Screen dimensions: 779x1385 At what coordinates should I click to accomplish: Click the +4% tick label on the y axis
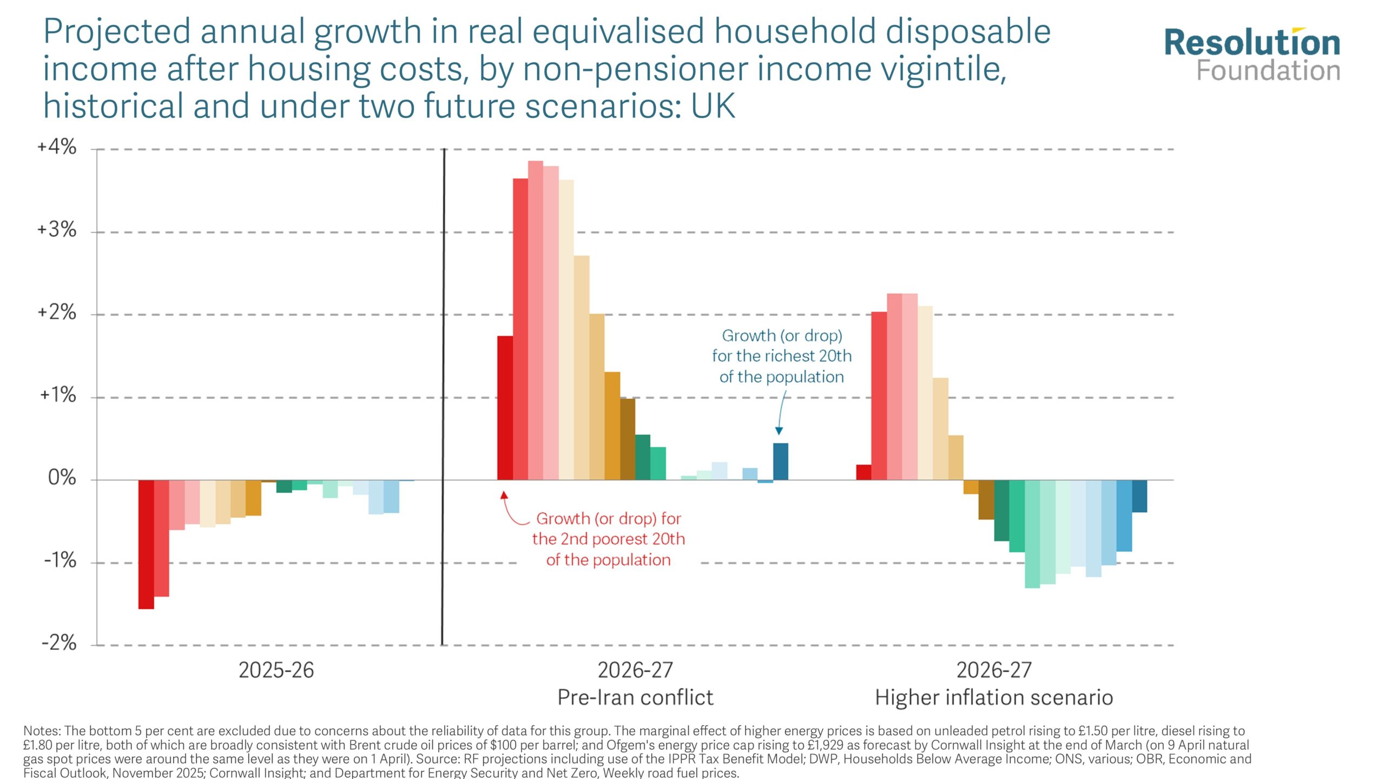[x=57, y=147]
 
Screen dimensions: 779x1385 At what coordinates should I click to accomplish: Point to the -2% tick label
[x=59, y=643]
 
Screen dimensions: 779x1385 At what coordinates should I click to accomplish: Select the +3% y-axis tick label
[x=57, y=230]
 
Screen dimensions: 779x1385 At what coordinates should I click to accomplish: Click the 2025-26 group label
[x=276, y=670]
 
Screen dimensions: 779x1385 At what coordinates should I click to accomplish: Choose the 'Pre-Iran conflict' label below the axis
[x=635, y=697]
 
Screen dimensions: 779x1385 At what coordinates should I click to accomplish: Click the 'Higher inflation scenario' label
[x=994, y=697]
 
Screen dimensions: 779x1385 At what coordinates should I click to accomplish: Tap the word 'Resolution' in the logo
[x=1252, y=43]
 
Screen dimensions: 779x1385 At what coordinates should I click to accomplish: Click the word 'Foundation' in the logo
[x=1268, y=71]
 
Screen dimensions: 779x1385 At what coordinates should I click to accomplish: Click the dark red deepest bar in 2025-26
[x=146, y=544]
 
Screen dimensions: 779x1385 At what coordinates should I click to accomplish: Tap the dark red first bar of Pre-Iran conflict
[x=505, y=408]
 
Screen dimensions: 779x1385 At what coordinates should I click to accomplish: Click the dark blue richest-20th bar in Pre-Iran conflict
[x=780, y=461]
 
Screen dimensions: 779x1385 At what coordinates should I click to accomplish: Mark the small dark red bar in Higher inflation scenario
[x=863, y=472]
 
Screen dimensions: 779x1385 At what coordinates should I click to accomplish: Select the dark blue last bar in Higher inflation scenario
[x=1139, y=496]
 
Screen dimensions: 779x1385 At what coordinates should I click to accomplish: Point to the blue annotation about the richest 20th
[x=781, y=356]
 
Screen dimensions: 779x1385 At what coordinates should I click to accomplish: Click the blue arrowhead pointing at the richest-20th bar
[x=779, y=431]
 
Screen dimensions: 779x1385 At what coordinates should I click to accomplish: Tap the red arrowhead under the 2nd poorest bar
[x=504, y=495]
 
